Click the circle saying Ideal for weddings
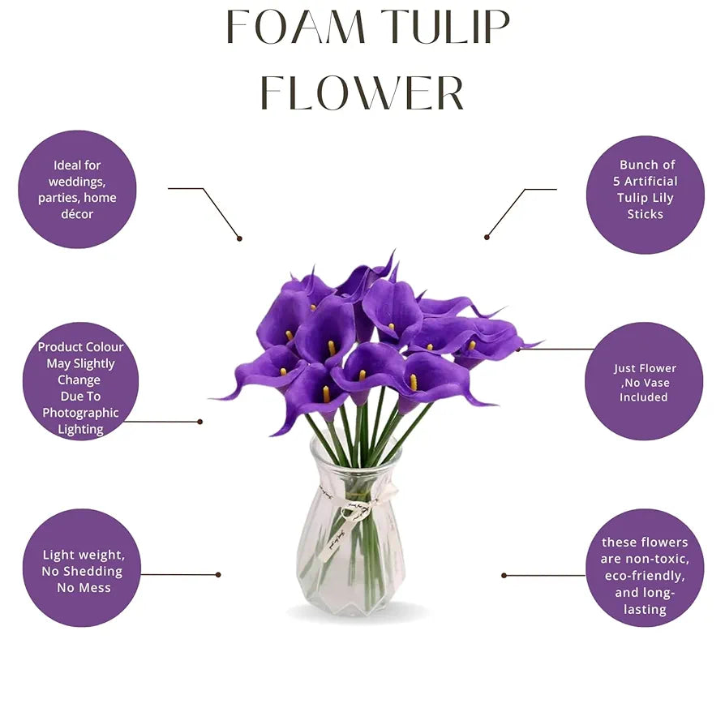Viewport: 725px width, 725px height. coord(77,189)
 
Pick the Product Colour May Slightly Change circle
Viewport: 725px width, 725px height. coord(80,381)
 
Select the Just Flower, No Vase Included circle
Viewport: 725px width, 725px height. coord(644,381)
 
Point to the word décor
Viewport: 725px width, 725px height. coord(77,215)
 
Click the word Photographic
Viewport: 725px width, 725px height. coord(80,413)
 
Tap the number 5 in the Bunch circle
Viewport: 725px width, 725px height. coord(617,182)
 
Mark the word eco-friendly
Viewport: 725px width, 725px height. coord(646,576)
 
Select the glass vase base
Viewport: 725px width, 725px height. coord(350,596)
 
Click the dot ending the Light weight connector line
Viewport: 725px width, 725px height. coord(218,574)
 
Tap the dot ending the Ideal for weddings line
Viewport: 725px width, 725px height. coord(239,238)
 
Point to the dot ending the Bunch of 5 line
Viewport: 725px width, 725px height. coord(487,237)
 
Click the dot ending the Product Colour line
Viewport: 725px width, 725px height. coord(200,422)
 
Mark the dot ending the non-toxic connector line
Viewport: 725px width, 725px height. coord(504,575)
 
